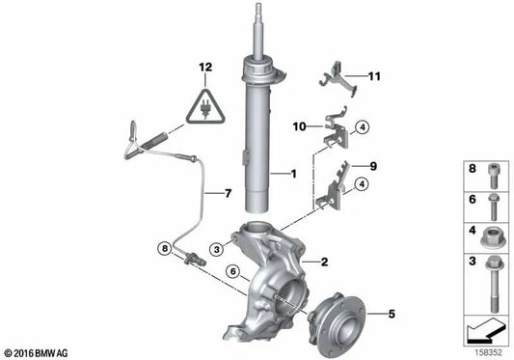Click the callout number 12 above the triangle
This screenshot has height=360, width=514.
click(x=205, y=68)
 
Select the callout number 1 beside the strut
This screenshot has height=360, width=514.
click(x=294, y=174)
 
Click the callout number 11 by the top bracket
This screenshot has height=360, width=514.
click(x=374, y=76)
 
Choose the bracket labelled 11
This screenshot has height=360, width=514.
click(x=338, y=79)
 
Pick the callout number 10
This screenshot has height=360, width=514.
click(x=299, y=126)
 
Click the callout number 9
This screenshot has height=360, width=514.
click(x=373, y=166)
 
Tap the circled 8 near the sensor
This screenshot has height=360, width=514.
click(x=165, y=248)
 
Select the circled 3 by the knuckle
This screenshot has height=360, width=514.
click(x=217, y=249)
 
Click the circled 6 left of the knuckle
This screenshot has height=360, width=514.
click(x=233, y=271)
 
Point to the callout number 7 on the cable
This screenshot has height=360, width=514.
click(x=228, y=193)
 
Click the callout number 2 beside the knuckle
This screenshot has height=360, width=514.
click(x=325, y=262)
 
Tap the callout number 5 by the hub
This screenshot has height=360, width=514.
click(x=392, y=314)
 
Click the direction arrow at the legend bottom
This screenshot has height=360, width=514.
click(x=486, y=331)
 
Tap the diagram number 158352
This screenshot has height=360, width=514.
click(x=489, y=353)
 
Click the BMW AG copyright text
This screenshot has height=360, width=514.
click(x=37, y=353)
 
